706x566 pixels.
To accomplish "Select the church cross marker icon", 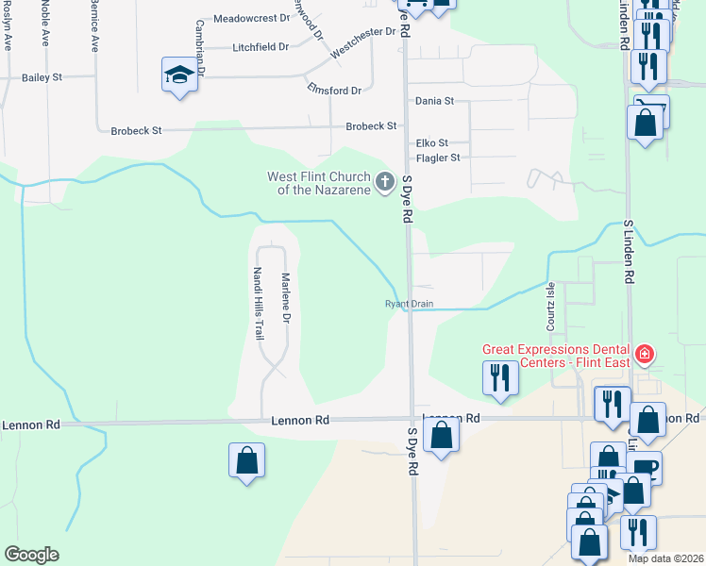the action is click(x=385, y=181).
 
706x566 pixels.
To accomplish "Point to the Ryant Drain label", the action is click(x=408, y=304).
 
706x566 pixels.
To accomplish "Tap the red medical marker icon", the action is click(x=645, y=355).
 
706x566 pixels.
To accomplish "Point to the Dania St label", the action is click(x=435, y=100).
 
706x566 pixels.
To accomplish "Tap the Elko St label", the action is click(x=431, y=143).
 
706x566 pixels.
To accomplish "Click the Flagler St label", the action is click(x=438, y=158).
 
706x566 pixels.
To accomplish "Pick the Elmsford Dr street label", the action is click(x=334, y=91).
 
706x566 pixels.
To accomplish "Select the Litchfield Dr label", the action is click(x=261, y=46).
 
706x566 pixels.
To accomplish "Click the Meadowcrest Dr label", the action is click(x=251, y=18).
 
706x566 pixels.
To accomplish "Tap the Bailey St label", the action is click(x=42, y=76).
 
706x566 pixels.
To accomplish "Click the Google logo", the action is click(x=31, y=555).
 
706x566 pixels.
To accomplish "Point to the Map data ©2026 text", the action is click(x=664, y=558).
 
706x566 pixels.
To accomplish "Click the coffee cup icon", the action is click(x=647, y=467).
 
